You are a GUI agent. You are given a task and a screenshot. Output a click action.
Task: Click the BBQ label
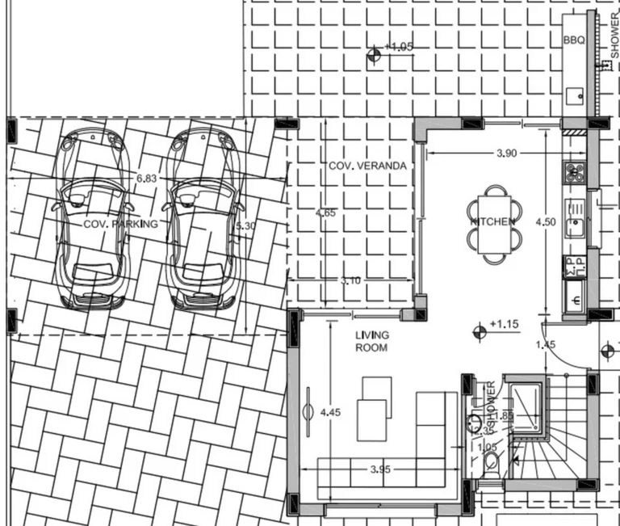click(573, 39)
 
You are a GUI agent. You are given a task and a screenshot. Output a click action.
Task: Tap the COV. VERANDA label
click(367, 166)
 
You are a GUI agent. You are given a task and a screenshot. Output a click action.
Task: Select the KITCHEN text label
click(493, 221)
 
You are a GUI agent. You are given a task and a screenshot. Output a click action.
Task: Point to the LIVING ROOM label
click(371, 341)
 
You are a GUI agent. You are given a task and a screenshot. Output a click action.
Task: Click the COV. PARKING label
click(121, 224)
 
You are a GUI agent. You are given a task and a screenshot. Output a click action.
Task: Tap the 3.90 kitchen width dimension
click(505, 153)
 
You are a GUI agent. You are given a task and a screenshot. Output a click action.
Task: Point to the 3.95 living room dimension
click(380, 469)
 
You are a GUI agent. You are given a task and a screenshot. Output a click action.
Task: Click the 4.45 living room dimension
click(330, 412)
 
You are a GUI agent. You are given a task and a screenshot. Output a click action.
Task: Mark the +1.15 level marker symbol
click(480, 329)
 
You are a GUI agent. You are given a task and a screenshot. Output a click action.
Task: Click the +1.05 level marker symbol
click(373, 55)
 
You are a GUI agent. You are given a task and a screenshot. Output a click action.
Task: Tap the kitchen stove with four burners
click(574, 172)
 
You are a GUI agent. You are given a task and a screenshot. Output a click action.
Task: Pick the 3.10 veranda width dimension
click(351, 280)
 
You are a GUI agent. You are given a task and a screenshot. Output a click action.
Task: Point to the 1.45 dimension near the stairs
click(546, 345)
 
